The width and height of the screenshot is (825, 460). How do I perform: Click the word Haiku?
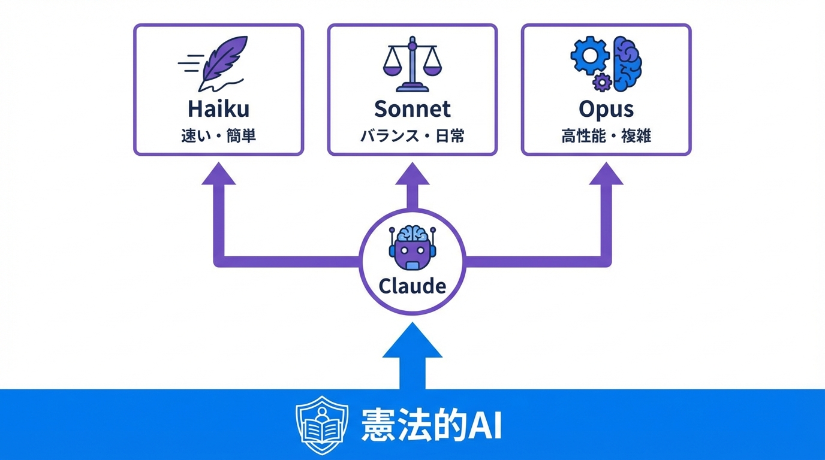(x=218, y=109)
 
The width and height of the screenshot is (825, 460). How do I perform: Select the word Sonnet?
(x=412, y=109)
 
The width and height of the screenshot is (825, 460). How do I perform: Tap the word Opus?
(x=606, y=109)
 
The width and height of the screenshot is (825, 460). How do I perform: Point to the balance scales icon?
(x=412, y=65)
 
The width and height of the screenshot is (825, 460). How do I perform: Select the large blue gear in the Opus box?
(x=589, y=56)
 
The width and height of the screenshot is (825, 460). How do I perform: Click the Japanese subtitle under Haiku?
(x=218, y=136)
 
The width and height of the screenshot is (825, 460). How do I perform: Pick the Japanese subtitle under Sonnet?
(x=412, y=136)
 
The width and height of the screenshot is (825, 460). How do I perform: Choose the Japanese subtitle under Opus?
(x=606, y=136)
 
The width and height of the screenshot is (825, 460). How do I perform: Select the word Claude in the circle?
(x=412, y=286)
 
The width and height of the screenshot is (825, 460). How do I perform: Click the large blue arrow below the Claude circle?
(x=412, y=353)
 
